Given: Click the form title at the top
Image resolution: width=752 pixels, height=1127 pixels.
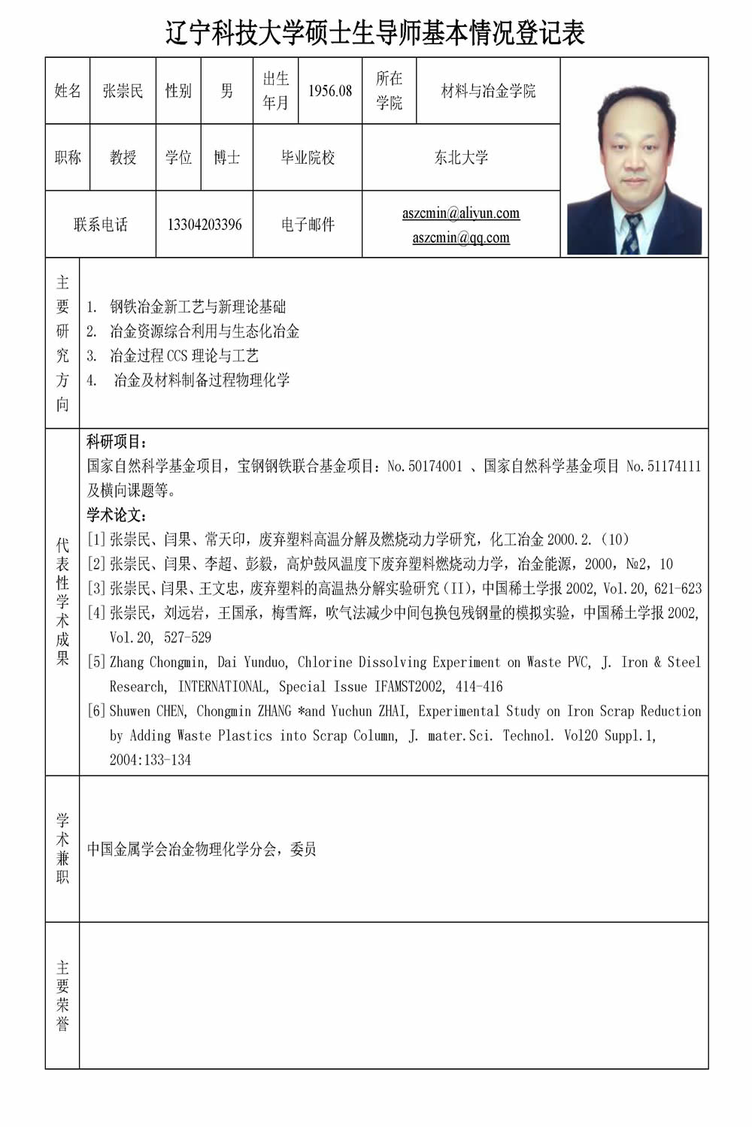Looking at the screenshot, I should click(x=375, y=33).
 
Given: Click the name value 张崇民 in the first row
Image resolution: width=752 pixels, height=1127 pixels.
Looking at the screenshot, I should click(x=123, y=91).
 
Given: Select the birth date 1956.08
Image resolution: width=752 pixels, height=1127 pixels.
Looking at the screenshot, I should click(x=330, y=91).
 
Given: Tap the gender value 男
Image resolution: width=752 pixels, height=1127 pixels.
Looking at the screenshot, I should click(x=226, y=91).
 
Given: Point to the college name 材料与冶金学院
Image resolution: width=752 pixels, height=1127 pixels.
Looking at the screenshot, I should click(x=488, y=91).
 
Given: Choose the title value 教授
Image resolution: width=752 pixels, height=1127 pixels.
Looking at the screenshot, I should click(x=123, y=157).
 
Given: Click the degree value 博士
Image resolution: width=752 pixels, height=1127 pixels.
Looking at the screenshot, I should click(x=226, y=157).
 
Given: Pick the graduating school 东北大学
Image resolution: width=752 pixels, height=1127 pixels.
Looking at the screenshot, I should click(x=461, y=157).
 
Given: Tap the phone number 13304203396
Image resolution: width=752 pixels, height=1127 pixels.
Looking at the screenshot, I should click(x=205, y=225).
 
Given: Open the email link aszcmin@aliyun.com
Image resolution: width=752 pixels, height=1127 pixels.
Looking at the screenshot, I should click(x=461, y=213).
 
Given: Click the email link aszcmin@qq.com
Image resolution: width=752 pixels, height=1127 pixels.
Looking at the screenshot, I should click(x=461, y=237).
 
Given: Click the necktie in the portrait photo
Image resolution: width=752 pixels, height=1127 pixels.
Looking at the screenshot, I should click(x=631, y=234).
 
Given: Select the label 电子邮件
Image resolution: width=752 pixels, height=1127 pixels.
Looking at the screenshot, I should click(x=308, y=225).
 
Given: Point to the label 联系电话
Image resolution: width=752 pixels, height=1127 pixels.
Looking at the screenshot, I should click(x=101, y=225).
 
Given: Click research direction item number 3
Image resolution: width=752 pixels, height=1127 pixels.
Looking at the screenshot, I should click(x=173, y=355).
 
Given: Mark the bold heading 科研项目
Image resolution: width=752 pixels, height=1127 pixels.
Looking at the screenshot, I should click(x=117, y=442).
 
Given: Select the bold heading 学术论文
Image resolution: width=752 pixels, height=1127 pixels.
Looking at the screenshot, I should click(x=117, y=515).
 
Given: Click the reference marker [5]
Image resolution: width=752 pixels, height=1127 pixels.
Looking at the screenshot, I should click(x=96, y=662).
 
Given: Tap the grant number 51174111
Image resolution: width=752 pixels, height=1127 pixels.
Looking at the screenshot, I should click(x=674, y=467).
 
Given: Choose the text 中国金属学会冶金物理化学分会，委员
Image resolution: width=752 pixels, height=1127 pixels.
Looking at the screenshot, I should click(x=202, y=849).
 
